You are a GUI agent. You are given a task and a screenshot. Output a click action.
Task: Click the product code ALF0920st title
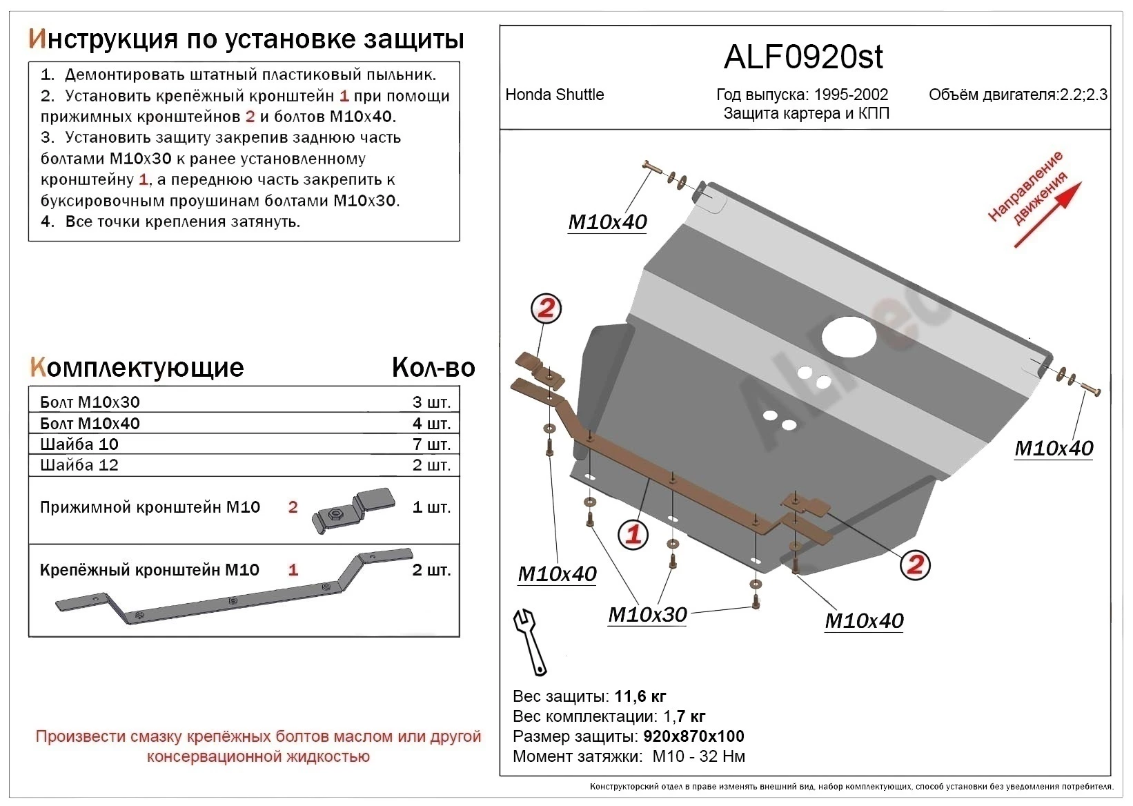803,57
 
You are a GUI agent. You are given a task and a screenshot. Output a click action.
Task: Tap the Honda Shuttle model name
554,95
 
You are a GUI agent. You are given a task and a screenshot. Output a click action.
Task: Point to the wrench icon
529,641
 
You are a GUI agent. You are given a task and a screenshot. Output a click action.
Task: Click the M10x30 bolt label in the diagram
647,614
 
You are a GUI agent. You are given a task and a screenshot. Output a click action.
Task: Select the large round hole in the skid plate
849,337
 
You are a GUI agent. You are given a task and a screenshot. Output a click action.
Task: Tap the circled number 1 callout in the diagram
633,534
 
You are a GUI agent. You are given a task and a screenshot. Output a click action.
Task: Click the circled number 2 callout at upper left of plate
546,308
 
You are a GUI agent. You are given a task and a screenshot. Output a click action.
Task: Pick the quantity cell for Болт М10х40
431,424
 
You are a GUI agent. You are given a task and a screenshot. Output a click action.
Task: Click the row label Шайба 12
79,465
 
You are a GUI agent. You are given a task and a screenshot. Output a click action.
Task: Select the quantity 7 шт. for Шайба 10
431,444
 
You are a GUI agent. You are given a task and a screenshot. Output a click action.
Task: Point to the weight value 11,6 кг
640,696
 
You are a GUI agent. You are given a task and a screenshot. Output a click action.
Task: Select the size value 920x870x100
693,736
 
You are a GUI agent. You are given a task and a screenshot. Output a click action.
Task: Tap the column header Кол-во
433,368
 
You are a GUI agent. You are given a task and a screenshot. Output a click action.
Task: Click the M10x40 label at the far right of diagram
1054,449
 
